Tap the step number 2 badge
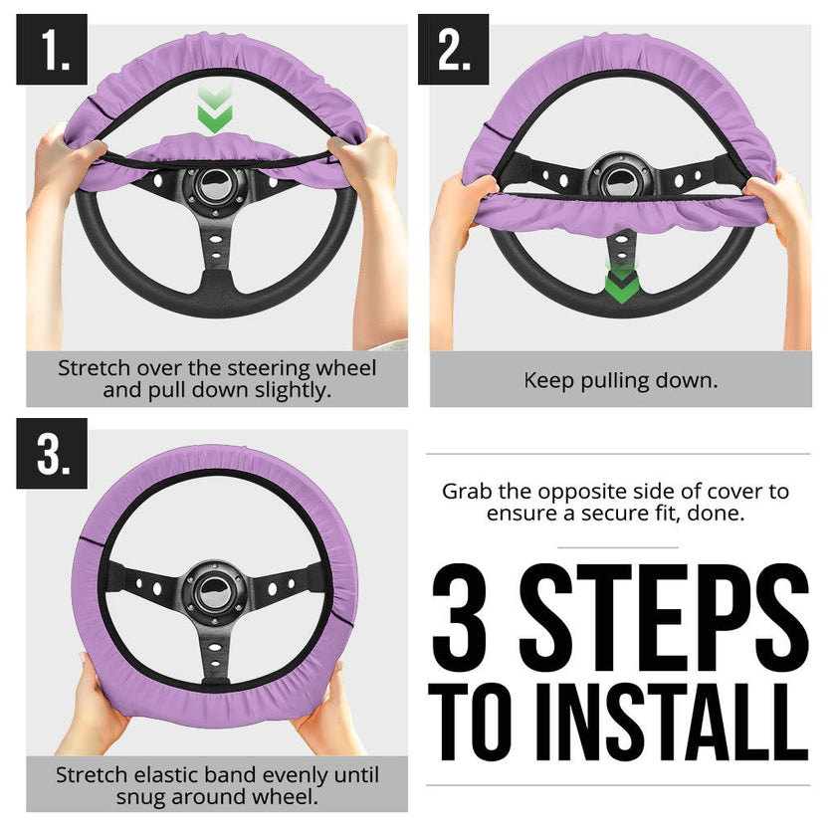[x=454, y=49]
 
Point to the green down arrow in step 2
[x=620, y=283]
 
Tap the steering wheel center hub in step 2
[x=620, y=174]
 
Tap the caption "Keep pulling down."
[x=620, y=380]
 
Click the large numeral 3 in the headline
[x=468, y=617]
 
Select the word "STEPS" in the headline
[x=664, y=617]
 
